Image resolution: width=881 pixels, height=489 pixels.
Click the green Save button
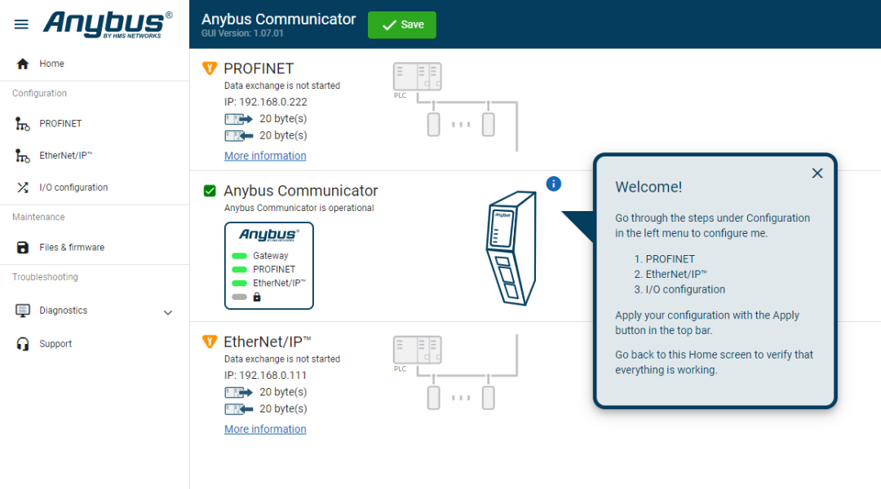(401, 24)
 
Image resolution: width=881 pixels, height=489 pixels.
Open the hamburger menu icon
(21, 24)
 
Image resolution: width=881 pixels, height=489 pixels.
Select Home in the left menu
(51, 64)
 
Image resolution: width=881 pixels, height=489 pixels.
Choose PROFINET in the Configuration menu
(60, 124)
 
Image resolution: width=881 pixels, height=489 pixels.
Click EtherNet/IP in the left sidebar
(65, 156)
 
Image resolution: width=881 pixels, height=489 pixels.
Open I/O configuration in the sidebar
(73, 187)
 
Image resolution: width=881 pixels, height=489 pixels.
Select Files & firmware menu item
(71, 248)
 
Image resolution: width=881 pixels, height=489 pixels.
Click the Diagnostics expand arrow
(168, 313)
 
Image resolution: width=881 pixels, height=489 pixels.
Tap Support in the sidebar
(55, 344)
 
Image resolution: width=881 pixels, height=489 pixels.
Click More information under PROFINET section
(265, 156)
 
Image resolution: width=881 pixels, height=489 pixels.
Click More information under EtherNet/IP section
(265, 429)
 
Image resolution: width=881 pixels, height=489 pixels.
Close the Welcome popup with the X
(817, 173)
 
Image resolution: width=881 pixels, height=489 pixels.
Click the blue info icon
(553, 183)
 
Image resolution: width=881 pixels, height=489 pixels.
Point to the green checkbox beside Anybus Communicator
(210, 191)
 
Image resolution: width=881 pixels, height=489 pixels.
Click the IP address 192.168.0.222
(266, 102)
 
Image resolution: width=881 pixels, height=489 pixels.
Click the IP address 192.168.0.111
(265, 376)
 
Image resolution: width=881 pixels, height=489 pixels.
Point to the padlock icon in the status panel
(257, 297)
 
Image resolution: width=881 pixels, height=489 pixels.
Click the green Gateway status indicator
(239, 256)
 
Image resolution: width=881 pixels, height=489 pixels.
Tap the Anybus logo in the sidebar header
(108, 24)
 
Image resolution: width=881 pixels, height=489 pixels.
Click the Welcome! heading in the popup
(649, 187)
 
